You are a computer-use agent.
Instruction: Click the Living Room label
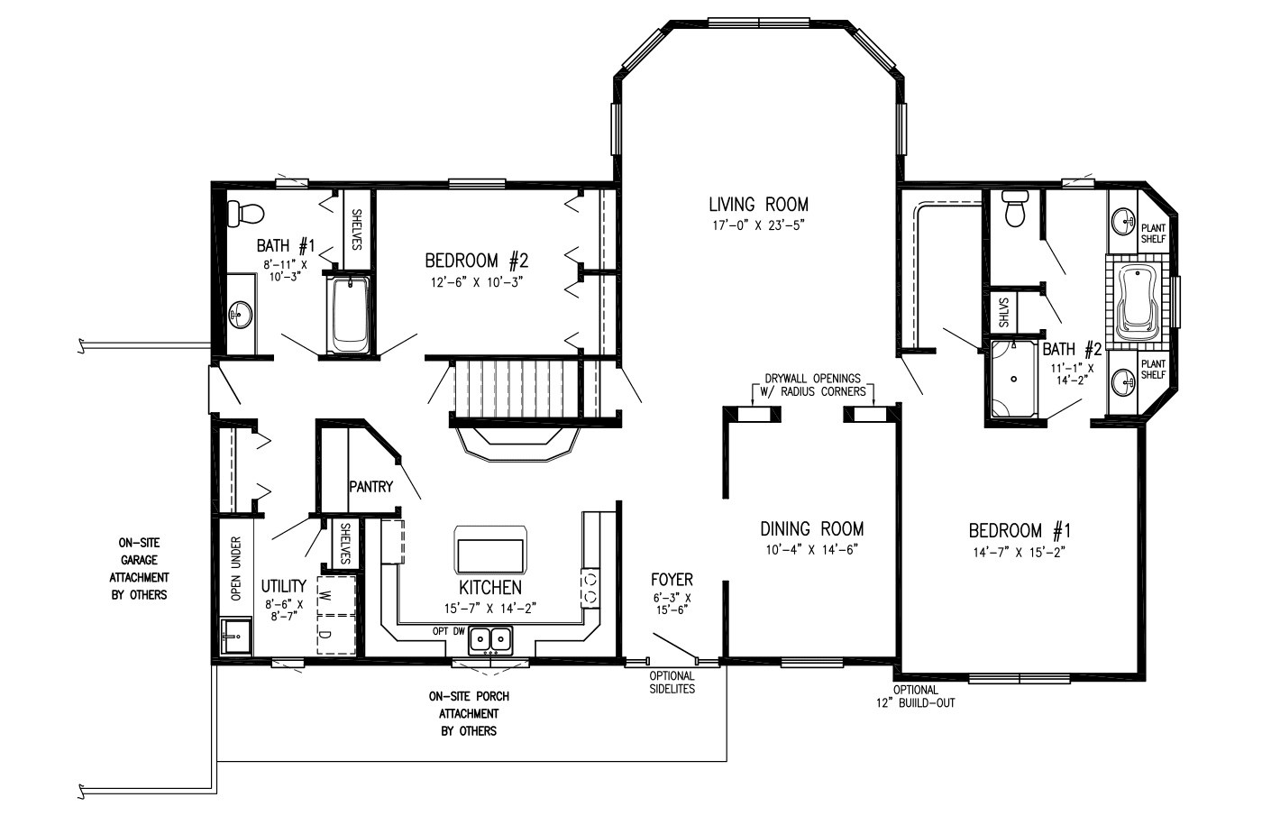(x=758, y=205)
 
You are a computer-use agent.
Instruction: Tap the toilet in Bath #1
(x=245, y=215)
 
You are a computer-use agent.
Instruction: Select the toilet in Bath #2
(x=1015, y=209)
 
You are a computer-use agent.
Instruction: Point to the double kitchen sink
(x=490, y=639)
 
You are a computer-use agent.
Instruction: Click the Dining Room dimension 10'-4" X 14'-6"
(x=811, y=550)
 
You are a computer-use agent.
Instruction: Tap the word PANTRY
(x=370, y=486)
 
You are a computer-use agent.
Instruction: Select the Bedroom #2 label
(x=477, y=261)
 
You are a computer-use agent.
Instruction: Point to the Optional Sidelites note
(x=672, y=682)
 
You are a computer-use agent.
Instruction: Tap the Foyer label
(x=672, y=579)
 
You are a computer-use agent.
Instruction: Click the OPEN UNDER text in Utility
(x=236, y=568)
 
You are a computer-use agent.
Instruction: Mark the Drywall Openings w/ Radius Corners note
(x=812, y=385)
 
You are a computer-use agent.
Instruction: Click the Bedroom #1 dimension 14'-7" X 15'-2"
(x=1020, y=552)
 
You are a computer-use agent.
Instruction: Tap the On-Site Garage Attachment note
(x=139, y=569)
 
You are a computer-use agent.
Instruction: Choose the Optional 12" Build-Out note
(x=916, y=696)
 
